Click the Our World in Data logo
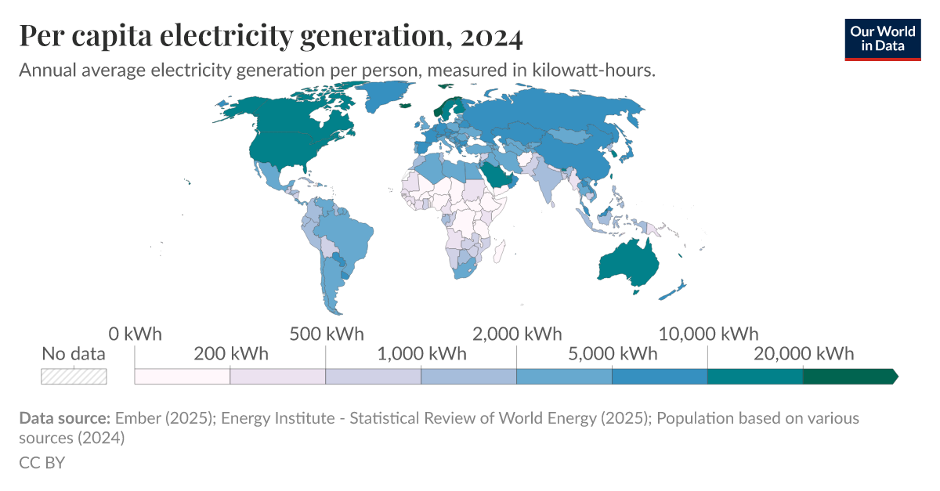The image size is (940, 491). pos(882,38)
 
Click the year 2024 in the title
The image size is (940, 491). pos(492,36)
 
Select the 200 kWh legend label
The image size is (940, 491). pos(230,354)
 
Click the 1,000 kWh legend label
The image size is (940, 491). pos(421,354)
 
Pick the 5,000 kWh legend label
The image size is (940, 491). pos(612,354)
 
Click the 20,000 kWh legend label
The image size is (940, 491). pos(804,354)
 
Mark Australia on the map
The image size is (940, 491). pos(634,263)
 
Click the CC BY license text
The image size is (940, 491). pos(42,463)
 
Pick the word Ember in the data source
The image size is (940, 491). pos(136,418)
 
